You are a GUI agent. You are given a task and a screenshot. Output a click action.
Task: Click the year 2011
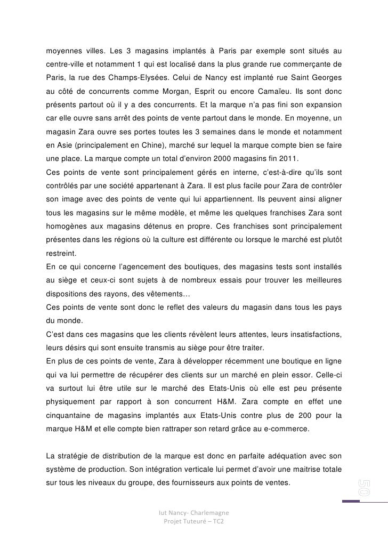pyautogui.click(x=290, y=159)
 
